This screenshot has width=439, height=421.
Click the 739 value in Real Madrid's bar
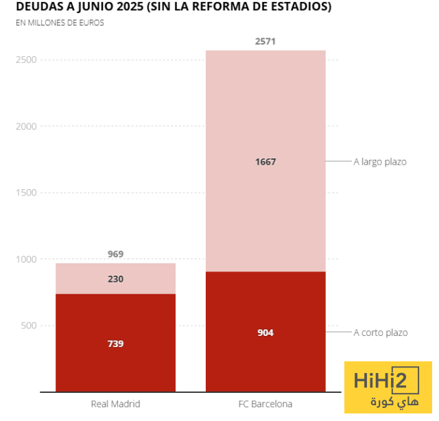[x=115, y=343]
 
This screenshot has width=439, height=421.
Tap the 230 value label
[x=115, y=279]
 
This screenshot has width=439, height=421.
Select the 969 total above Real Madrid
[x=115, y=254]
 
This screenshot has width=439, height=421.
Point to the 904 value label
[x=265, y=333]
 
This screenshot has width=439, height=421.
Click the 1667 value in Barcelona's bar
[x=265, y=162]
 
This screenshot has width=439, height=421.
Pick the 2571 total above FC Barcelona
[x=265, y=42]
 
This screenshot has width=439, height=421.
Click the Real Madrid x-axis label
[x=115, y=404]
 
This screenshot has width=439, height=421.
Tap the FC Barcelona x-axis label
[x=265, y=404]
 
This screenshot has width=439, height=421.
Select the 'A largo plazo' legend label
[x=380, y=162]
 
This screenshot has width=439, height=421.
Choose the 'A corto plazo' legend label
[x=381, y=333]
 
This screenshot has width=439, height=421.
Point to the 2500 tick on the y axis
[x=25, y=60]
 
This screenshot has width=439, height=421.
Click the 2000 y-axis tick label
[x=25, y=127]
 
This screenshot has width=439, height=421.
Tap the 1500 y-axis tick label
[x=25, y=193]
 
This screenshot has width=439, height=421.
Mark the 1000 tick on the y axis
[x=25, y=259]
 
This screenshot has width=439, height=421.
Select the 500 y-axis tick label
[x=28, y=326]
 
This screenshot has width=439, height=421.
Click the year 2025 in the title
[x=116, y=8]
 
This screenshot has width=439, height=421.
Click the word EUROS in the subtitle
[x=91, y=23]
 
